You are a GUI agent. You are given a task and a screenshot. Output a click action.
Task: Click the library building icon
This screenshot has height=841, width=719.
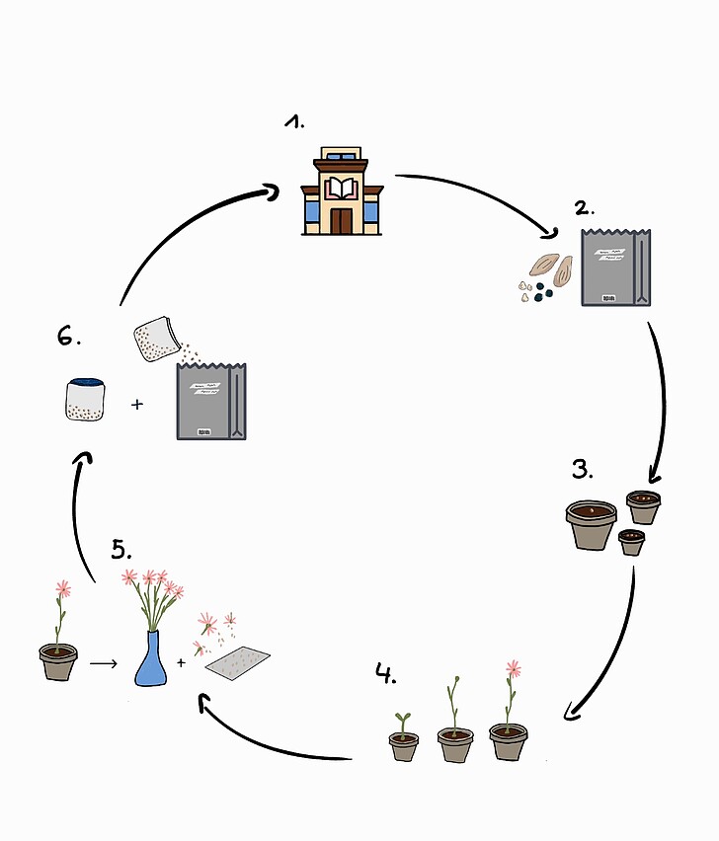[341, 191]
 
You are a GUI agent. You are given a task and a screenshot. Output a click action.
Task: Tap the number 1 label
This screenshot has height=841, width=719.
[295, 122]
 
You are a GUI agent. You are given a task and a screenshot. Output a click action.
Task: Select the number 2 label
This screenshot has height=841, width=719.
[585, 208]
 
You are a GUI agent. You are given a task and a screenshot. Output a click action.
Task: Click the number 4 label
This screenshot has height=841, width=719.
[385, 675]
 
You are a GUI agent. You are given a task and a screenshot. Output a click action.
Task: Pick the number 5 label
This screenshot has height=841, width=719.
[120, 549]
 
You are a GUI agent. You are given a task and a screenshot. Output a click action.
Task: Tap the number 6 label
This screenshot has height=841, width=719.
[67, 337]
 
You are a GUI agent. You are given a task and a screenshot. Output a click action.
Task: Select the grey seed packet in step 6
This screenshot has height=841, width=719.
[210, 401]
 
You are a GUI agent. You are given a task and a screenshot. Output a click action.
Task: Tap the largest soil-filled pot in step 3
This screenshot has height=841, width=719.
[591, 524]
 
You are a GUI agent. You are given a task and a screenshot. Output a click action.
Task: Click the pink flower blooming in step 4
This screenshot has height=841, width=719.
[513, 669]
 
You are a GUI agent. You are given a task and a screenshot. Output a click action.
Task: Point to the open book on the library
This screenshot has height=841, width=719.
[341, 188]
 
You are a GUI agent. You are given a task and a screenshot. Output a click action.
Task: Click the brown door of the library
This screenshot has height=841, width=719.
[341, 220]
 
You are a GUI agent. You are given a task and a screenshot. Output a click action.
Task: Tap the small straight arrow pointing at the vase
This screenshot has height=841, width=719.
[103, 663]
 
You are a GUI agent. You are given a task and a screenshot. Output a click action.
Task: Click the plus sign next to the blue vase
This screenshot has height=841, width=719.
[181, 662]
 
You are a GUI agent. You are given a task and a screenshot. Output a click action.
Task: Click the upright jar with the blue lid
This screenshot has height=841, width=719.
[86, 400]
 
